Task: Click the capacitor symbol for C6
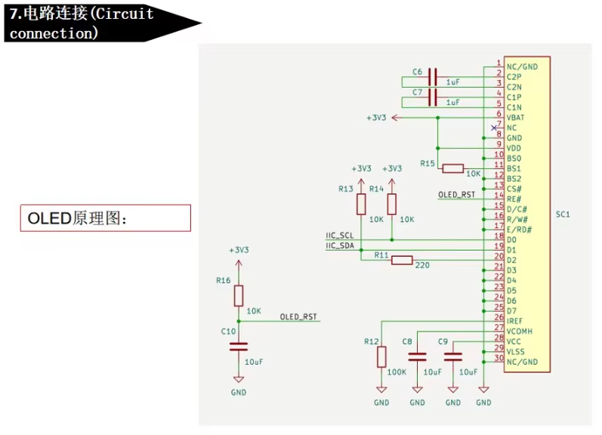[x=432, y=77]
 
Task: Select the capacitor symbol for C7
[x=432, y=97]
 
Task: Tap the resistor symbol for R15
[x=452, y=168]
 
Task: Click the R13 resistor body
[x=361, y=204]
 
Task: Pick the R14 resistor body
[x=391, y=204]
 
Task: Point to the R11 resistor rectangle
[x=402, y=260]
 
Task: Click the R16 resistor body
[x=239, y=295]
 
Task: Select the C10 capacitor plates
[x=239, y=347]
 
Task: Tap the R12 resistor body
[x=381, y=356]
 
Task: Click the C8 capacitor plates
[x=417, y=356]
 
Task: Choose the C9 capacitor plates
[x=452, y=356]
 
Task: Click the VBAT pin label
[x=515, y=118]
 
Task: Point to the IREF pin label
[x=514, y=321]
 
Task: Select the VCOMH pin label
[x=520, y=331]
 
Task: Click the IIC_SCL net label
[x=339, y=236]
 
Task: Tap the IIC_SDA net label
[x=340, y=245]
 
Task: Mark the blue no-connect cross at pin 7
[x=494, y=128]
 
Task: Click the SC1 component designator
[x=563, y=214]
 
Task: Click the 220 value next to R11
[x=422, y=265]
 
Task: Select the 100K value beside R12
[x=397, y=372]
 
